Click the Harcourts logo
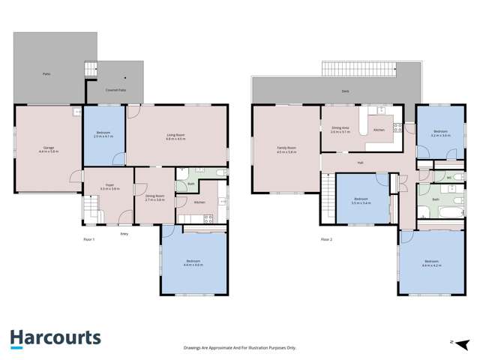click(55, 338)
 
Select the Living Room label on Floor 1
click(176, 136)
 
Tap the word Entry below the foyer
click(124, 234)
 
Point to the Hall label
click(360, 162)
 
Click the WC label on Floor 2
click(448, 177)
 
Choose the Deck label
click(344, 91)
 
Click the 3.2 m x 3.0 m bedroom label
click(440, 133)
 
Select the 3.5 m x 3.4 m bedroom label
click(361, 200)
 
